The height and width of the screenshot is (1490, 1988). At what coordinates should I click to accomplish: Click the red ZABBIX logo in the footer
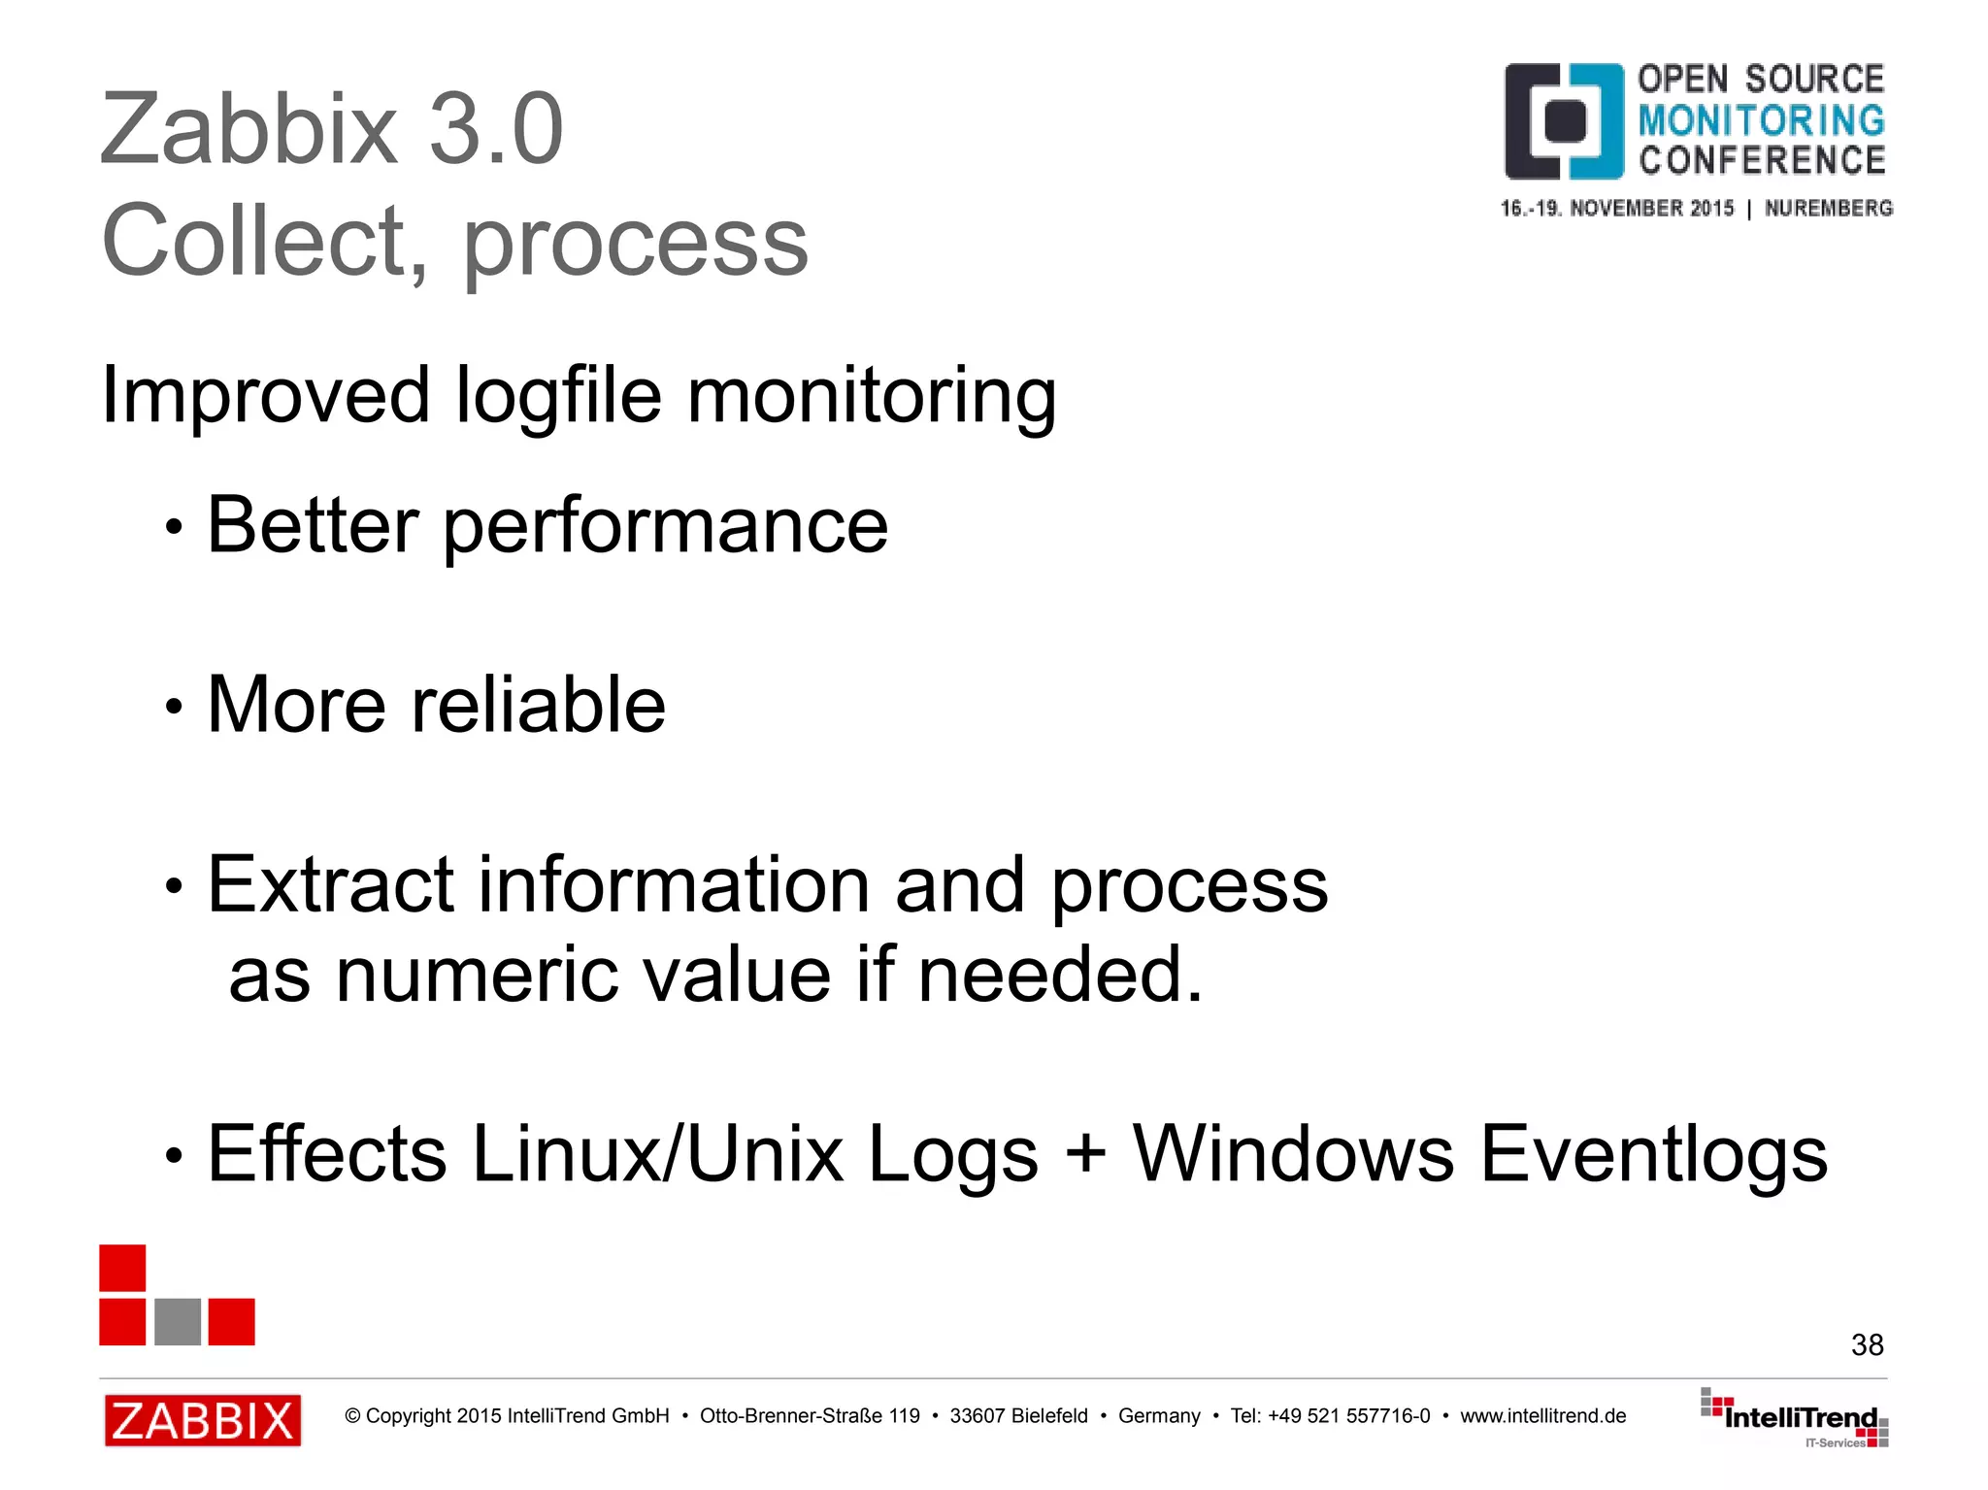click(203, 1420)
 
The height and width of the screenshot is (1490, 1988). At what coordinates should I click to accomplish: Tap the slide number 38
click(1867, 1344)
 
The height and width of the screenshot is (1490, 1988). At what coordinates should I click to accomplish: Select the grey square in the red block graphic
click(178, 1321)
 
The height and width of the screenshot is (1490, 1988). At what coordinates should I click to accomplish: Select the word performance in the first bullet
click(665, 525)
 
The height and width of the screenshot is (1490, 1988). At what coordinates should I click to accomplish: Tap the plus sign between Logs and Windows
click(1085, 1153)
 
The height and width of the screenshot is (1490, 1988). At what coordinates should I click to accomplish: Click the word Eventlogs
click(1654, 1153)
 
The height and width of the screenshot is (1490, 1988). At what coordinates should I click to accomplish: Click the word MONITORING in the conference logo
click(1761, 120)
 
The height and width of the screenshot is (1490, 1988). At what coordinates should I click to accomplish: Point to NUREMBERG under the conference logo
click(1828, 208)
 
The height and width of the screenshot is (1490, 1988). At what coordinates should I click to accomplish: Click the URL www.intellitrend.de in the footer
click(1542, 1416)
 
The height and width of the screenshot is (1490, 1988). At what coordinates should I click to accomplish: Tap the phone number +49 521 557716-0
click(1348, 1416)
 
